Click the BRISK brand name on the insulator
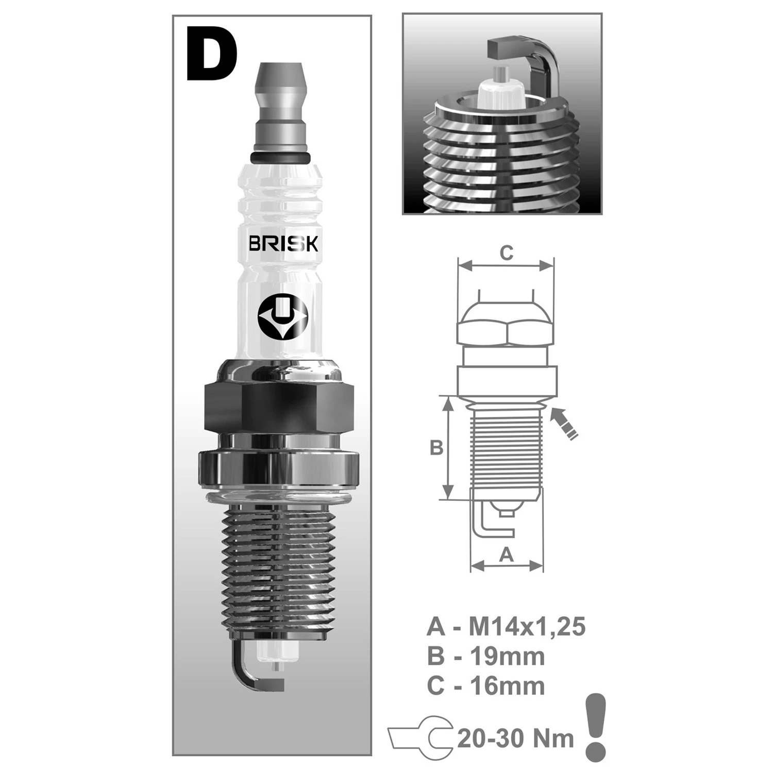(283, 243)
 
